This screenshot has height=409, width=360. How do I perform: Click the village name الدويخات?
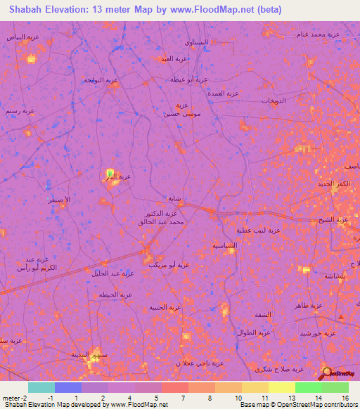pos(274,101)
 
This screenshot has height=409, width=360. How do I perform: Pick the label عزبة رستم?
pos(20,111)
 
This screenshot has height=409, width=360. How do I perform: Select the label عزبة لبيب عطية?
pos(258,230)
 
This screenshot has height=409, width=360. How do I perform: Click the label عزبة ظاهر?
pos(309,306)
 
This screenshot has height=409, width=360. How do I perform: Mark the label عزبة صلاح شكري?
pos(279,369)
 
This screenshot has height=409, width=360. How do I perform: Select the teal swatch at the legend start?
pos(41,387)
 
